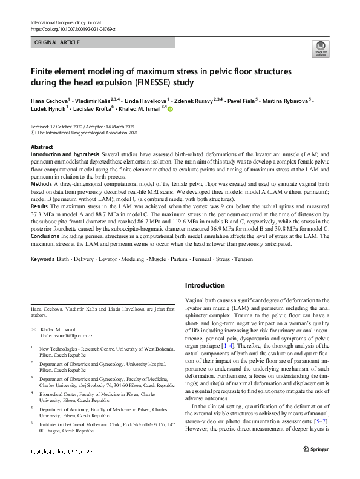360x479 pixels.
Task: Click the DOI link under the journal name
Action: point(72,29)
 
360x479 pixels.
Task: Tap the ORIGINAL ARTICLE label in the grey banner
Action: point(57,42)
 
